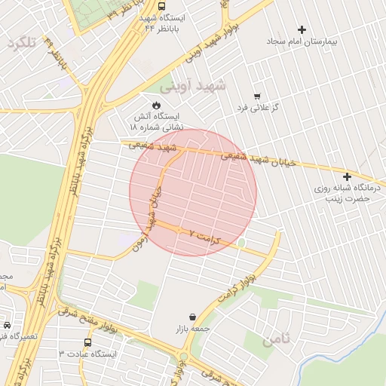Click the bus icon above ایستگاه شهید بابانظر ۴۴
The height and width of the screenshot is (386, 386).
pyautogui.click(x=163, y=5)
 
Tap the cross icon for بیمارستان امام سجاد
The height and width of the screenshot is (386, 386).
pyautogui.click(x=302, y=29)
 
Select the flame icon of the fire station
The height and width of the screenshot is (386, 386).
pyautogui.click(x=156, y=104)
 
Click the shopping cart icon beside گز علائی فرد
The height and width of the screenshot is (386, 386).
pyautogui.click(x=258, y=96)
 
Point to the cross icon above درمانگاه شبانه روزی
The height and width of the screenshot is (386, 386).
pyautogui.click(x=347, y=176)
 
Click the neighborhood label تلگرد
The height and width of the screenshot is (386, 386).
pyautogui.click(x=22, y=43)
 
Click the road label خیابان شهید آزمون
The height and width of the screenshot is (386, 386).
pyautogui.click(x=152, y=218)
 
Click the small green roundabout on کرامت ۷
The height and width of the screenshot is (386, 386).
pyautogui.click(x=241, y=243)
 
